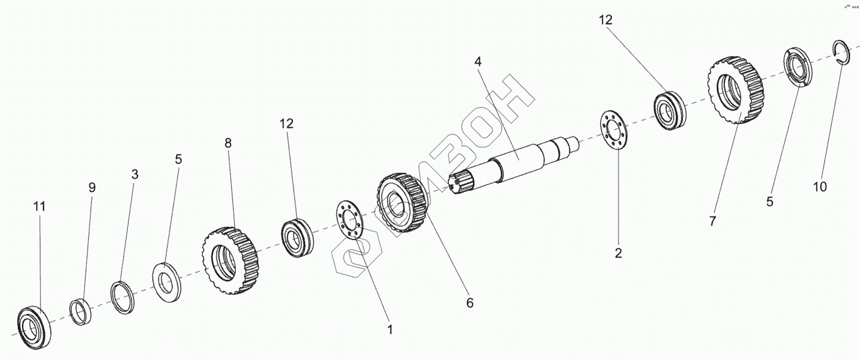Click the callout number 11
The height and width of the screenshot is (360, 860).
(39, 207)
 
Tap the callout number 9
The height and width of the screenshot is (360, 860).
(92, 188)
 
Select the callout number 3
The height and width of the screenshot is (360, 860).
(134, 174)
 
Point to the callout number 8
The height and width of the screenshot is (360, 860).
(228, 143)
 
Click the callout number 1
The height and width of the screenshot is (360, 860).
(389, 329)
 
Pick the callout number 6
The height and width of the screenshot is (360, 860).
(469, 302)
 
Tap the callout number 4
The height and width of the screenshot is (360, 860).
(478, 61)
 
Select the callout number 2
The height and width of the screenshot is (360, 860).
(618, 253)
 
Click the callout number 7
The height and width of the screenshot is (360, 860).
(711, 221)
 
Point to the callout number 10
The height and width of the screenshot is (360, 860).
(820, 186)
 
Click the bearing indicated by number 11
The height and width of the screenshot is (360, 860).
(33, 325)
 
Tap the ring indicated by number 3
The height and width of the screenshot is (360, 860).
(123, 298)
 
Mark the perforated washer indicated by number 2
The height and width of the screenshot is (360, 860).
(615, 129)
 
